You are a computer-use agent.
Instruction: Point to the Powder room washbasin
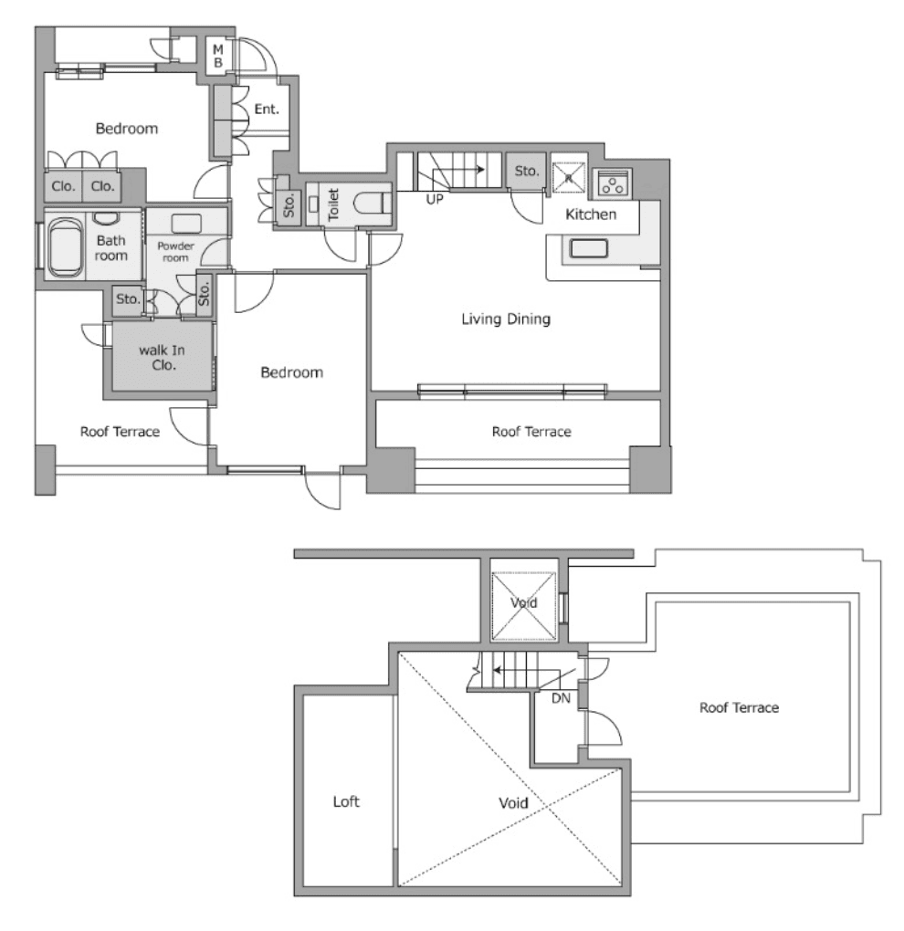pos(186,224)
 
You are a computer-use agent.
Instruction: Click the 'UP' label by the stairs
pos(434,197)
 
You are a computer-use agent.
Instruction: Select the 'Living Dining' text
pos(505,319)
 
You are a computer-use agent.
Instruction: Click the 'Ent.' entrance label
pos(267,110)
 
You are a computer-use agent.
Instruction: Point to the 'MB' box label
pos(219,56)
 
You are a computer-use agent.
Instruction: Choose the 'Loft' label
pos(346,802)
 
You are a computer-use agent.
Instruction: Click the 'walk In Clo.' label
pos(157,357)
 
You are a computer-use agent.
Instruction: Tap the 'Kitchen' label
pos(591,215)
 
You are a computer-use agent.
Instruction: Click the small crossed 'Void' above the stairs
pos(523,603)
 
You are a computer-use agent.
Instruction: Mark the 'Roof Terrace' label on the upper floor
pos(739,707)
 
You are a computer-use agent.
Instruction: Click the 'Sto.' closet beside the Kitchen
pos(527,171)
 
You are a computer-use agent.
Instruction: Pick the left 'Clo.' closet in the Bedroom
pos(63,186)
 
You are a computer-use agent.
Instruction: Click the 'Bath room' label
pos(111,249)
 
